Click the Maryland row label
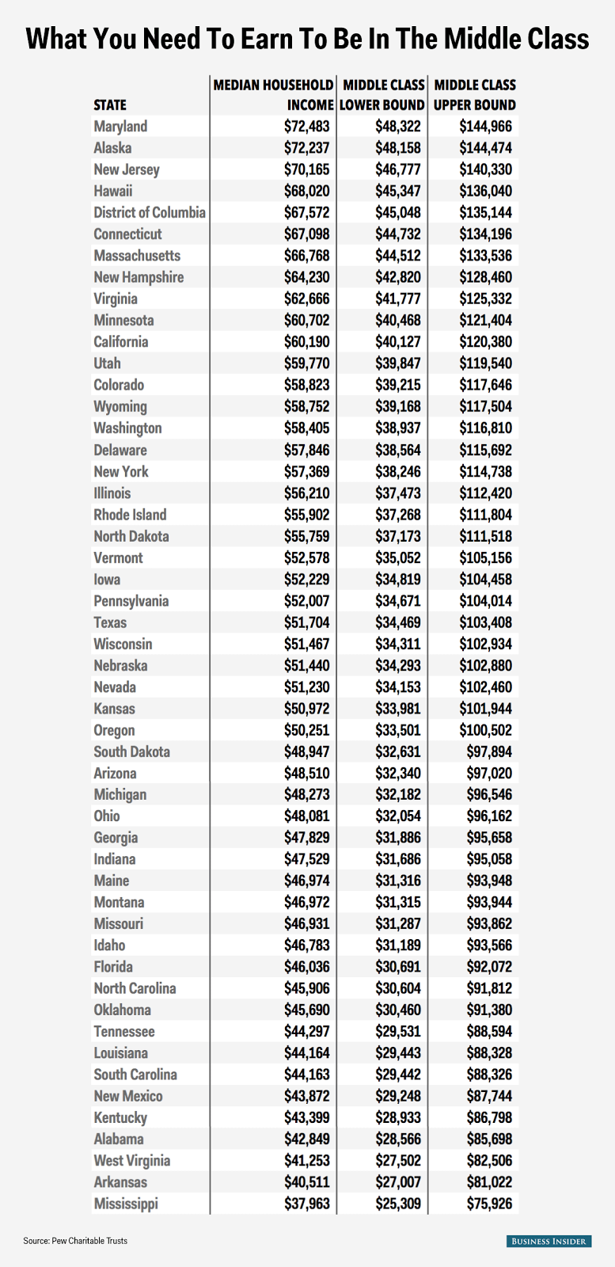(x=120, y=127)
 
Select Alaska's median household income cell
(x=306, y=148)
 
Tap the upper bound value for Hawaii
(x=485, y=191)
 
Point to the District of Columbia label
(x=150, y=212)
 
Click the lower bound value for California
(x=398, y=342)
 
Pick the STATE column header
(x=110, y=105)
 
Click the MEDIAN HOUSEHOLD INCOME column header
(x=273, y=94)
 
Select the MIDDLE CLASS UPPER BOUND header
(x=475, y=94)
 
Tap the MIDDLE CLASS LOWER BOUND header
(x=383, y=94)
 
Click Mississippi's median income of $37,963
(x=306, y=1204)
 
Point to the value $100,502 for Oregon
(x=485, y=730)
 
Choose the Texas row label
(x=110, y=622)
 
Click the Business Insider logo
(x=548, y=1241)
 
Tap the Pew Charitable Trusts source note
(x=75, y=1241)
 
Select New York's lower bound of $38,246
(x=398, y=471)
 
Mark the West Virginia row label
(x=132, y=1161)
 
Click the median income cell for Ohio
(x=306, y=816)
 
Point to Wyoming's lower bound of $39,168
(x=398, y=406)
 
